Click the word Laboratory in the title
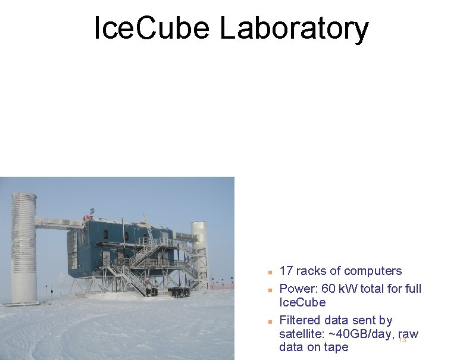pyautogui.click(x=294, y=29)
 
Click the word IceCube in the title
pyautogui.click(x=152, y=29)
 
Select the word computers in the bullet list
pyautogui.click(x=373, y=271)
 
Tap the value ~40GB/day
pyautogui.click(x=360, y=334)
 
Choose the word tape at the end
pyautogui.click(x=336, y=348)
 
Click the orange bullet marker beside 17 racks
pyautogui.click(x=270, y=272)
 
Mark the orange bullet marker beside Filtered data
pyautogui.click(x=270, y=321)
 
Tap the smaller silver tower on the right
pyautogui.click(x=199, y=250)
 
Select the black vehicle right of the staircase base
pyautogui.click(x=179, y=292)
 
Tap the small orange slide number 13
pyautogui.click(x=402, y=340)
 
